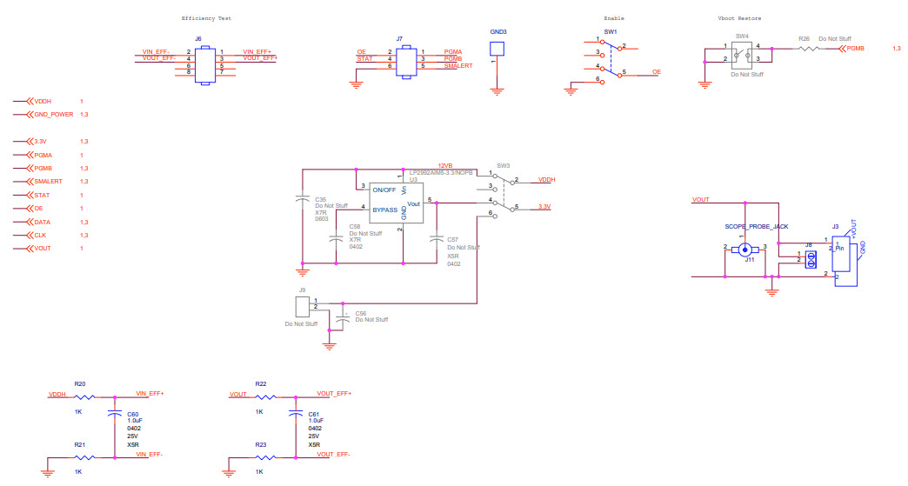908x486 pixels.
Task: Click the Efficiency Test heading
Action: (206, 18)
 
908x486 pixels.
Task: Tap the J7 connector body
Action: (404, 63)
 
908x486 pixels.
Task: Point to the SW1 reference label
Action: (610, 32)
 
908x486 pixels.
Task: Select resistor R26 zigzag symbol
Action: (809, 50)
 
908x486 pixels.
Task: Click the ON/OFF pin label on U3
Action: (383, 189)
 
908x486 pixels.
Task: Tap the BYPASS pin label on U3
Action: (384, 210)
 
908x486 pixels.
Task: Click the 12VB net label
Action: (445, 165)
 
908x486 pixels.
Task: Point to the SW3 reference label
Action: (503, 165)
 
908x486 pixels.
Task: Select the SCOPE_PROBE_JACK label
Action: (756, 226)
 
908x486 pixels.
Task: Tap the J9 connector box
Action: (303, 305)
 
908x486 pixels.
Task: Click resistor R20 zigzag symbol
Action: (85, 396)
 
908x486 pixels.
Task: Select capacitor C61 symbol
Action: (295, 415)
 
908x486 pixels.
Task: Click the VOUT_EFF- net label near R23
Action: (334, 454)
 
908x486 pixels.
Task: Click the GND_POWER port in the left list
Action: (53, 114)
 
